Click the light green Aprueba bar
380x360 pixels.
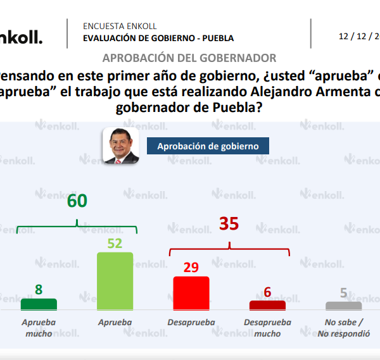[x=115, y=282]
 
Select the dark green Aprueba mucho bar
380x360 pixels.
[x=39, y=304]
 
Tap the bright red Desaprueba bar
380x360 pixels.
[x=191, y=294]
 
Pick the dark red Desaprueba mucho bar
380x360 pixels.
[x=267, y=306]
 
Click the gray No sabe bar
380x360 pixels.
[x=343, y=306]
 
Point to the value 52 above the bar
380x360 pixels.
[x=115, y=243]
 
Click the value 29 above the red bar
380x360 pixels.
[x=191, y=268]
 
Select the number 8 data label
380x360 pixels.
[x=39, y=290]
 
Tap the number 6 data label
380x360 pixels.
[x=267, y=292]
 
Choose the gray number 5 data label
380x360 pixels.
[x=343, y=292]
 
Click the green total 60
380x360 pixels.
[x=77, y=201]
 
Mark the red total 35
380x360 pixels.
[x=229, y=224]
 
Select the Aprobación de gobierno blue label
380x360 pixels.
[x=208, y=146]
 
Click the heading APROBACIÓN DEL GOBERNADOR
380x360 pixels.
[x=189, y=58]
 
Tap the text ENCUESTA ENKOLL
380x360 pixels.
[x=120, y=27]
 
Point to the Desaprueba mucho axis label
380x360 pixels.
[x=267, y=328]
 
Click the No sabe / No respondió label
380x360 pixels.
[x=343, y=328]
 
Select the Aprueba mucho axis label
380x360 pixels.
[x=39, y=328]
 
